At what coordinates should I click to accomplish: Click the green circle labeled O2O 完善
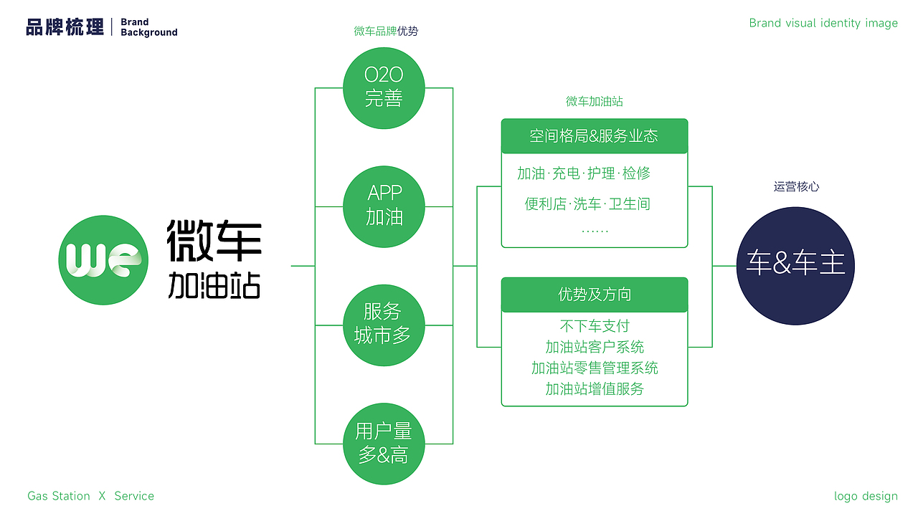coord(384,87)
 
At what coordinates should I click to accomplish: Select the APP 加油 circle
coord(384,206)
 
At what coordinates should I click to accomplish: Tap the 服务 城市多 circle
coord(384,324)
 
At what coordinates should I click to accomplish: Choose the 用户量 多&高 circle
coord(384,443)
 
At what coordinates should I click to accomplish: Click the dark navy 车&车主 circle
coord(795,264)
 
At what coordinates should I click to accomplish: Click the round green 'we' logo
coord(103,259)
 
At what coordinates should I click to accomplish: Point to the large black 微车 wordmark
coord(214,240)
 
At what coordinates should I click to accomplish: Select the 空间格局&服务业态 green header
coord(594,136)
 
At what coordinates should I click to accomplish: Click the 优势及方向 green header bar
coord(594,295)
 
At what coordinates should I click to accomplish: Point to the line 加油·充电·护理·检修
coord(584,173)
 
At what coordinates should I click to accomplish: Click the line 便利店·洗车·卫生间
coord(587,204)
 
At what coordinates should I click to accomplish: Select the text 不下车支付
coord(594,326)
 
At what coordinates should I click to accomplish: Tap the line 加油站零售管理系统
coord(594,368)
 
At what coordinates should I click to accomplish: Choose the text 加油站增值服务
coord(594,389)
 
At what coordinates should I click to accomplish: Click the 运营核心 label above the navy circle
coord(796,187)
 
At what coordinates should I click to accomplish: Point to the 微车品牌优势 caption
coord(386,31)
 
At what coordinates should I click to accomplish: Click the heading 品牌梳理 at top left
coord(65,27)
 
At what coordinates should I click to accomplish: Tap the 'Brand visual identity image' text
coord(823,23)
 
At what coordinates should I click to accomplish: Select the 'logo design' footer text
coord(866,496)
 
